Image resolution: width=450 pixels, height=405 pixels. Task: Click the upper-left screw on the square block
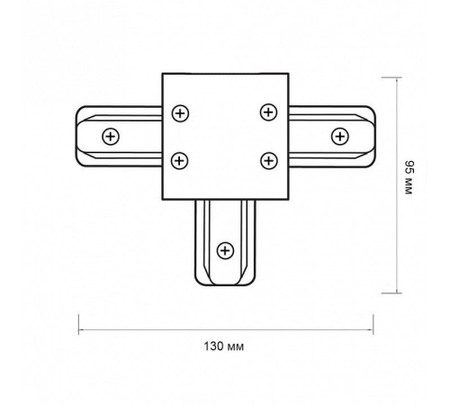click(x=180, y=113)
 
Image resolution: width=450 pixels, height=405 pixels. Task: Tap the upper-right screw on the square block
click(x=268, y=112)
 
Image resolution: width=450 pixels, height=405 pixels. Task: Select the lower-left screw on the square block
click(x=179, y=160)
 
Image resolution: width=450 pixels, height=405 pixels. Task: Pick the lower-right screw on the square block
click(x=269, y=160)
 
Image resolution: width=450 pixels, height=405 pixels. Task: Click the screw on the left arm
click(x=111, y=137)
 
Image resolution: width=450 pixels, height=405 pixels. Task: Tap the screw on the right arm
click(x=340, y=136)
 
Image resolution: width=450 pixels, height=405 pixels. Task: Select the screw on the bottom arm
click(x=225, y=250)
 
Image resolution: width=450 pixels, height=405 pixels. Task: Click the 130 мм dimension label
click(x=224, y=346)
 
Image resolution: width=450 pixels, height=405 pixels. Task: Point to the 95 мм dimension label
click(x=409, y=177)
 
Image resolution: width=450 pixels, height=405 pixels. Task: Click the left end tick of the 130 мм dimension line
click(x=78, y=324)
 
